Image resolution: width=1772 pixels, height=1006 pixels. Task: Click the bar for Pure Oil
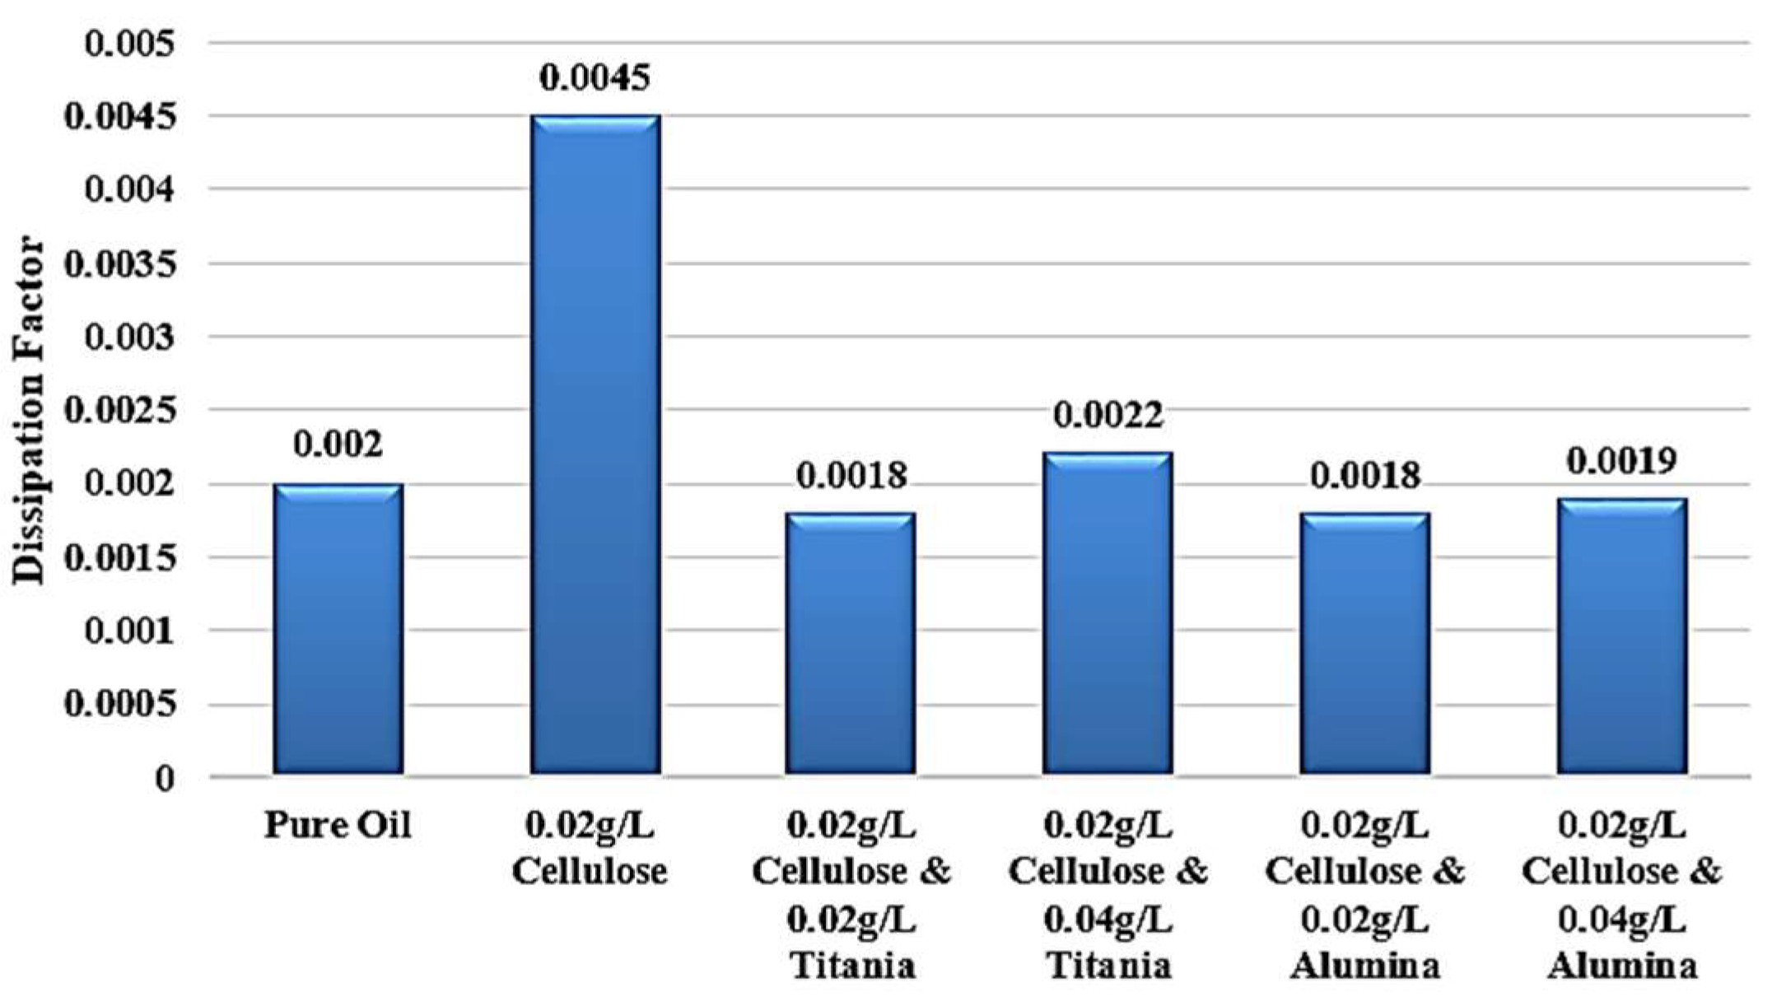(x=338, y=630)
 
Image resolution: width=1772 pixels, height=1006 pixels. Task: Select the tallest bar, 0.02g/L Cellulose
(x=595, y=445)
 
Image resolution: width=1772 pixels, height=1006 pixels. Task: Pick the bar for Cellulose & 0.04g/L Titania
(x=1107, y=613)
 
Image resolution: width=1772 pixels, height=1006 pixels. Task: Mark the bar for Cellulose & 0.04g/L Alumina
(x=1621, y=636)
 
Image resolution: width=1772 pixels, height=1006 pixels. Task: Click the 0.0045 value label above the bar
(x=595, y=77)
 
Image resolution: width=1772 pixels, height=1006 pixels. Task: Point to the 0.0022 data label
(x=1108, y=414)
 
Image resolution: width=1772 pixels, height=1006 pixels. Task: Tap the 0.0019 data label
(x=1620, y=461)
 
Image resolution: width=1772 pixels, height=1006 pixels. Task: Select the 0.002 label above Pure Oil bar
(x=338, y=445)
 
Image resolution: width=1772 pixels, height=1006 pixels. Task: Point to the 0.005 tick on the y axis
(x=131, y=44)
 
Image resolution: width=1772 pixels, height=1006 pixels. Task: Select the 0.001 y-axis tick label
(x=131, y=631)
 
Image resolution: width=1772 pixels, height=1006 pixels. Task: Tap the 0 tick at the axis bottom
(x=165, y=778)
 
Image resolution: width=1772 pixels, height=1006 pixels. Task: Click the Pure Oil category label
(x=338, y=825)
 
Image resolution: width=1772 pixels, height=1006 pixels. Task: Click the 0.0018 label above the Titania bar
(x=851, y=475)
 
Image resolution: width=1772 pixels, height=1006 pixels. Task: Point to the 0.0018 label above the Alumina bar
(x=1364, y=475)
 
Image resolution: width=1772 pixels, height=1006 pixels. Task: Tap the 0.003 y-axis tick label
(x=131, y=338)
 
